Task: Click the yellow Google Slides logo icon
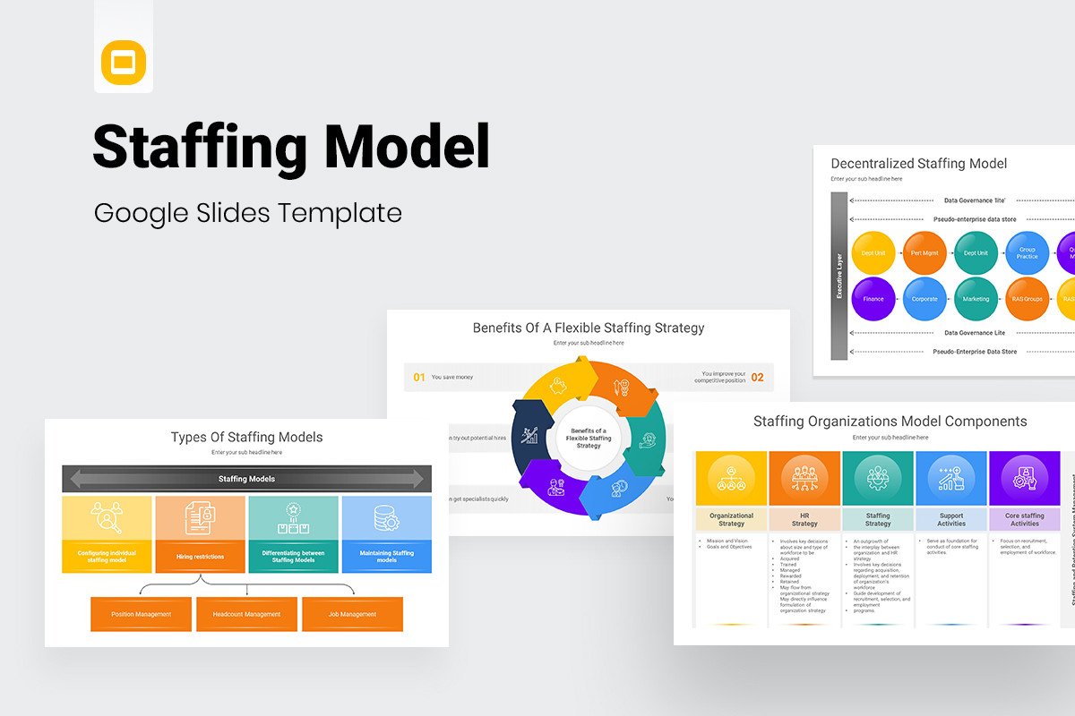click(123, 62)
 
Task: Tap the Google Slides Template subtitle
click(247, 213)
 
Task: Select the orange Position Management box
click(141, 614)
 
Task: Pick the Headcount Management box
click(246, 614)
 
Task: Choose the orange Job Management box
click(352, 614)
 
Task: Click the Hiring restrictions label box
click(200, 557)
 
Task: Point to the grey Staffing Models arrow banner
click(246, 479)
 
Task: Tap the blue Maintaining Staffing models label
click(386, 557)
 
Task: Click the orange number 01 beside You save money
click(419, 378)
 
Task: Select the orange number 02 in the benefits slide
click(757, 378)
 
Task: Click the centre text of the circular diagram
click(589, 439)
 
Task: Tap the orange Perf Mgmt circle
click(924, 253)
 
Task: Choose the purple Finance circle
click(873, 299)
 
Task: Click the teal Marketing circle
click(976, 299)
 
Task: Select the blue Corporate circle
click(924, 299)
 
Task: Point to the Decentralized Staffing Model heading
click(918, 163)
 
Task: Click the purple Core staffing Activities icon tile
click(1025, 479)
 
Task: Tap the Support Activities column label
click(951, 519)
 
